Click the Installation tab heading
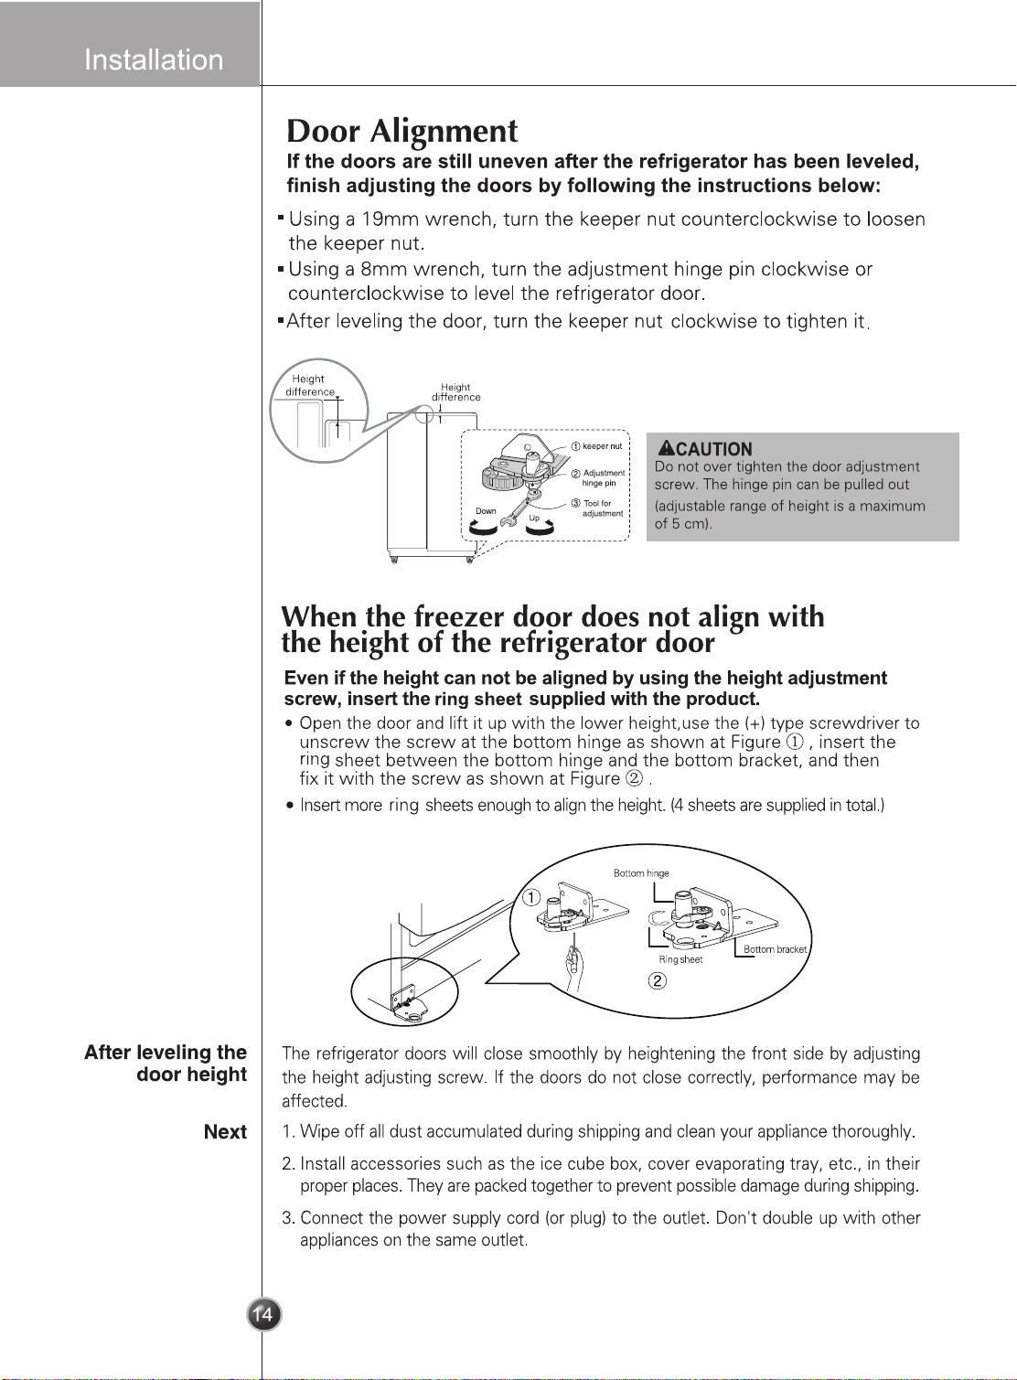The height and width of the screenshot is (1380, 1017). [154, 59]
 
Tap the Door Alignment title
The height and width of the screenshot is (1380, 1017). [402, 131]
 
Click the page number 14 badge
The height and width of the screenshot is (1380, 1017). [264, 1315]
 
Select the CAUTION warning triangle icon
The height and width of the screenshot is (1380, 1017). [666, 448]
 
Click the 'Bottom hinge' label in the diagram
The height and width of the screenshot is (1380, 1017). [641, 873]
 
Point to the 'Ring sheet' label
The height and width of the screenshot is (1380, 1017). [680, 959]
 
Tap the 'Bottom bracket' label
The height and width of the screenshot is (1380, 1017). [775, 949]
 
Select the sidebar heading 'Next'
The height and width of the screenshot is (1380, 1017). [226, 1132]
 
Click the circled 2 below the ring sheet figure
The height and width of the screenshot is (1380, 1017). [658, 980]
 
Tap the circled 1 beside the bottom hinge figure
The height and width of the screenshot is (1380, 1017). [531, 898]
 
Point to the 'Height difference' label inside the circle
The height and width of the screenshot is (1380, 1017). [310, 386]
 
